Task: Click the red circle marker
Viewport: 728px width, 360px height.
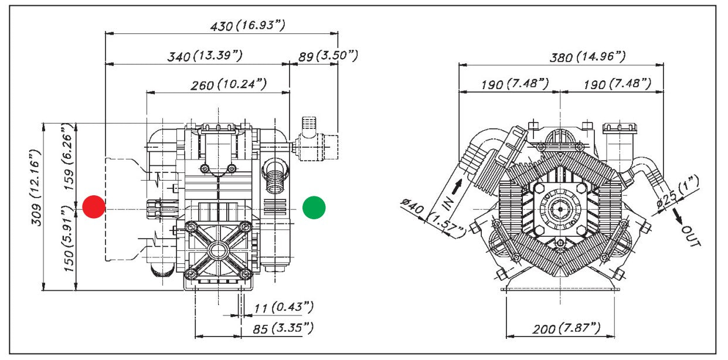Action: point(94,207)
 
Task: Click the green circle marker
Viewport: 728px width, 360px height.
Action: point(314,208)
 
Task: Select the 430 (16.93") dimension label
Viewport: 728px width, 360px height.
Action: point(248,25)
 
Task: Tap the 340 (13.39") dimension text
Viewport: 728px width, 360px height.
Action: point(205,56)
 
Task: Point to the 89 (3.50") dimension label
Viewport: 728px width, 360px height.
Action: point(328,56)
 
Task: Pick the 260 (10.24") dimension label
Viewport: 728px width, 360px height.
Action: point(229,84)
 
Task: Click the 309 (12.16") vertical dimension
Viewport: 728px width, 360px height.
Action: point(36,188)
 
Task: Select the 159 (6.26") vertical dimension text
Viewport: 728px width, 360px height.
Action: point(68,157)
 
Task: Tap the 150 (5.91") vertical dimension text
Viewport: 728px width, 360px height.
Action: point(68,239)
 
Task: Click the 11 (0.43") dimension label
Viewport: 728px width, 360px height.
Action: point(283,307)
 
